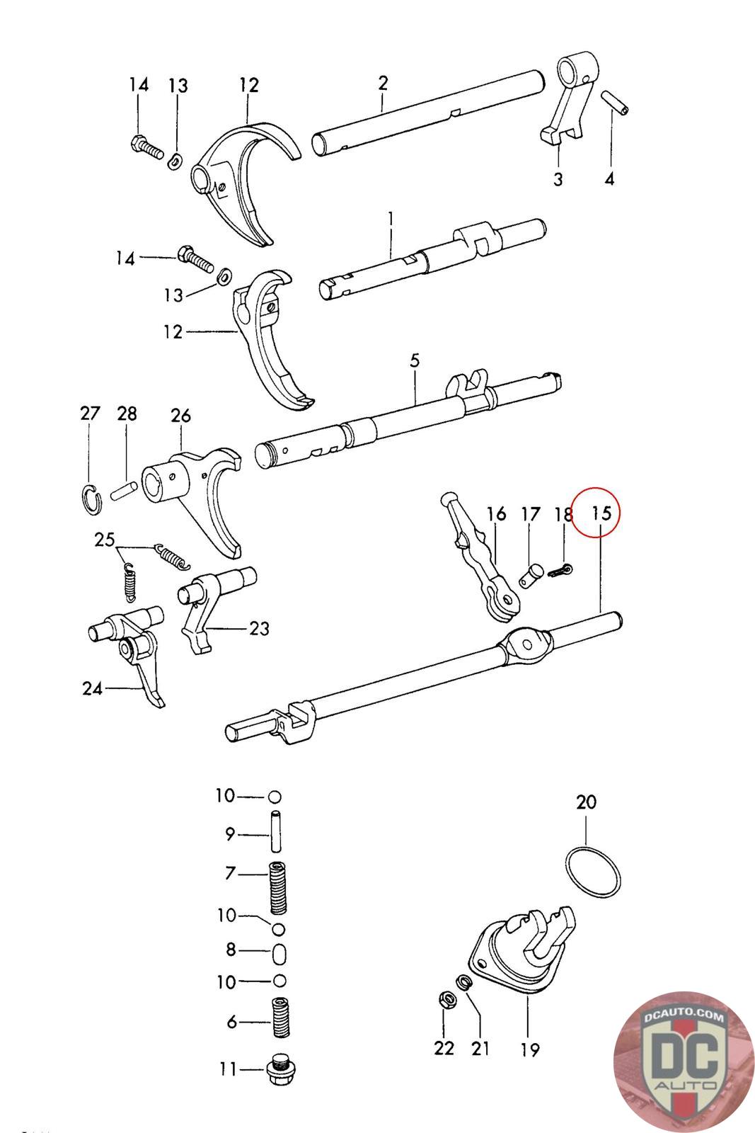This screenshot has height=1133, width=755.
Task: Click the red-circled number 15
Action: [601, 513]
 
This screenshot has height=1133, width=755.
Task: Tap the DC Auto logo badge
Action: [684, 1061]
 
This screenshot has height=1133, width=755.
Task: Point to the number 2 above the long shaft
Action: [383, 83]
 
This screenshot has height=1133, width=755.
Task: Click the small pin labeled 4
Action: [614, 103]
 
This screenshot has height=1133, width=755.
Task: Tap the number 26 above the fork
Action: [180, 415]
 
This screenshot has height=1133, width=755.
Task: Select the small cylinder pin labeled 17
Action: [531, 578]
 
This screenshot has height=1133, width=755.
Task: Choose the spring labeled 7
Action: [278, 889]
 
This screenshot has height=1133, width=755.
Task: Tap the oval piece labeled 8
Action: [279, 955]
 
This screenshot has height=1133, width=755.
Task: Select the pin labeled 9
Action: [275, 831]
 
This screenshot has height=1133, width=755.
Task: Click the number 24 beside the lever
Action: [93, 688]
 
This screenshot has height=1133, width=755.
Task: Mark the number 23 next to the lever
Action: [259, 629]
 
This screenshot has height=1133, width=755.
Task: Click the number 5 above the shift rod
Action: [415, 361]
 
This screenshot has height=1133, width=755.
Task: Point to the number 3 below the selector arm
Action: [558, 178]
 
